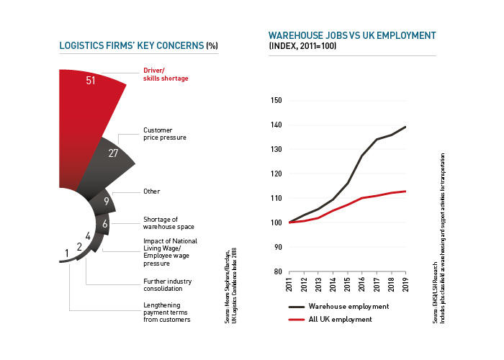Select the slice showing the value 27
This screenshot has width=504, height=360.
click(113, 153)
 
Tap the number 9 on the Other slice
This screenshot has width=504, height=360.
click(106, 202)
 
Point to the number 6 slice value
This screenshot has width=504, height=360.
click(104, 224)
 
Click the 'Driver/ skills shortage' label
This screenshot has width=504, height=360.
click(163, 74)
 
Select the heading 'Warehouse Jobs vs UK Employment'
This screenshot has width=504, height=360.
click(352, 35)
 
